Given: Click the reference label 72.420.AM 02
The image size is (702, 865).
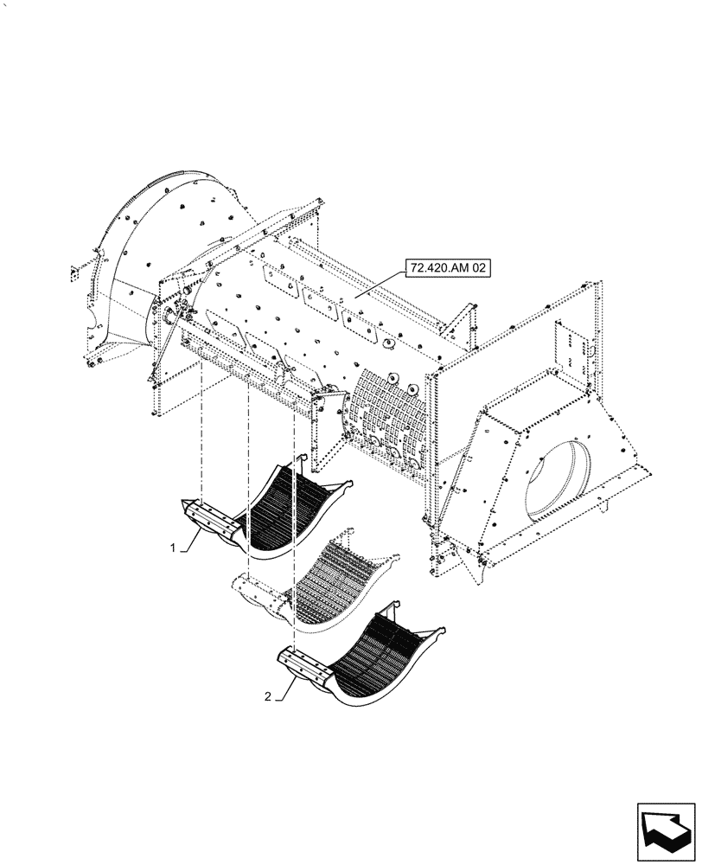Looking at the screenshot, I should [446, 270].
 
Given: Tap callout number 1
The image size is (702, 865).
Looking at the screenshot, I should [174, 547].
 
